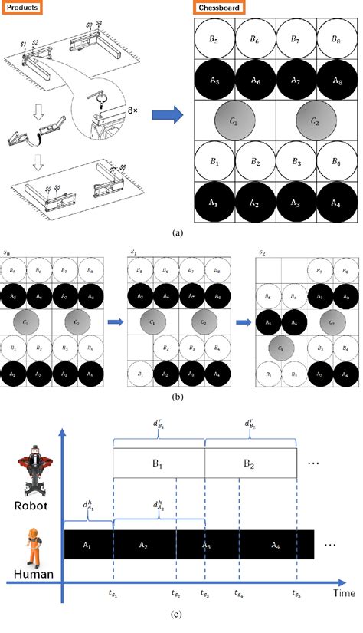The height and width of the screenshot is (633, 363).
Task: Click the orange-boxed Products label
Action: point(22,8)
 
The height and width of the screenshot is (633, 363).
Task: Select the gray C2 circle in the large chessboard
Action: point(315,121)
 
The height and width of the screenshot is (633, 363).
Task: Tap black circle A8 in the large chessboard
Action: point(335,81)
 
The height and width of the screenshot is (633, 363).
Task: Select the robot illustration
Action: point(30,472)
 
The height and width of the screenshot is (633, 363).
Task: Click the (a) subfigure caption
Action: point(178,231)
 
